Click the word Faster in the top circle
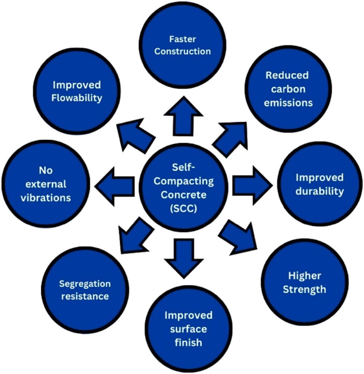[183, 39]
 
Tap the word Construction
[183, 51]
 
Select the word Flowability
[77, 98]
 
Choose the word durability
[320, 191]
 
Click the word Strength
[304, 289]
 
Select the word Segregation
[85, 284]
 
